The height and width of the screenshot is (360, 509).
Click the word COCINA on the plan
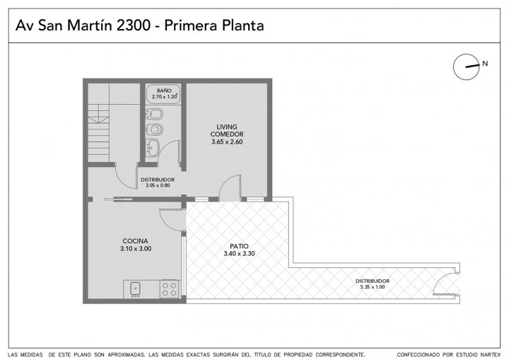click(135, 241)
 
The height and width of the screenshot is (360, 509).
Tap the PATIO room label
click(239, 246)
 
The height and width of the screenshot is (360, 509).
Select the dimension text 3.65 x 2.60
click(227, 141)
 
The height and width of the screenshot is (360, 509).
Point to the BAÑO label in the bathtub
click(164, 91)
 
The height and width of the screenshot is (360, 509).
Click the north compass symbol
click(466, 67)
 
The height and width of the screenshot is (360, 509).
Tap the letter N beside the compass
click(485, 64)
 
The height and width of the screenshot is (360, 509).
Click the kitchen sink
click(135, 289)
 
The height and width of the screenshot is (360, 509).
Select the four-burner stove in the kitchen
click(170, 289)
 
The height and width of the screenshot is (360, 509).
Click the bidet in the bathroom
click(154, 114)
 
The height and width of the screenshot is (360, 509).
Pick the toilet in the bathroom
click(154, 130)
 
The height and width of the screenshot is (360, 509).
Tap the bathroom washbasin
click(153, 148)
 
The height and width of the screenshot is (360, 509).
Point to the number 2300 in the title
click(134, 25)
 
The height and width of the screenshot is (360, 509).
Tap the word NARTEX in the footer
click(490, 355)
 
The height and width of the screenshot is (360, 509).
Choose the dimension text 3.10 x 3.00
click(136, 249)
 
